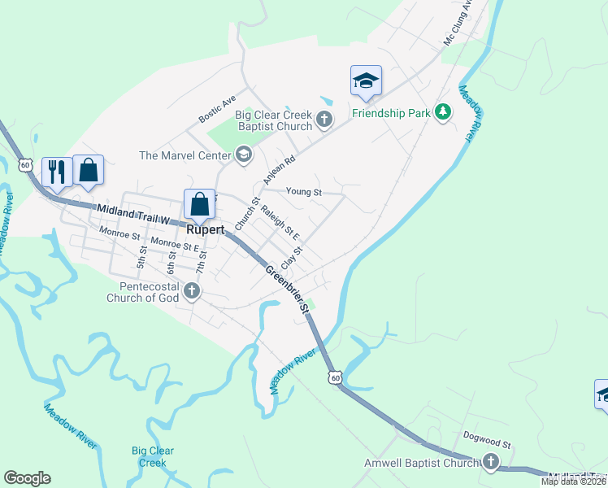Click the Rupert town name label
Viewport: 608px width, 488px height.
coord(199,230)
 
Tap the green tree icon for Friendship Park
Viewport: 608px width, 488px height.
coord(443,112)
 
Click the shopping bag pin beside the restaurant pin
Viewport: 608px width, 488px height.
coord(88,170)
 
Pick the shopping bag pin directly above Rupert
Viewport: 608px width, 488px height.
coord(200,204)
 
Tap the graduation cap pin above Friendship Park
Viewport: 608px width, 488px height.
coord(366,81)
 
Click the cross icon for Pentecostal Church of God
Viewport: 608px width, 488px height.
coord(192,291)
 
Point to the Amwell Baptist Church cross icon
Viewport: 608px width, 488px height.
coord(490,463)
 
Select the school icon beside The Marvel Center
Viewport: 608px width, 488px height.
coord(243,155)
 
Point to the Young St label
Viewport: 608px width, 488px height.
coord(304,193)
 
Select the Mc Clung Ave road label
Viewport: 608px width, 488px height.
coord(457,28)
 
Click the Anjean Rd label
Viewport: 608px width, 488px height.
coord(277,166)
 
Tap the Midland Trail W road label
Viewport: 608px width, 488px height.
coord(132,215)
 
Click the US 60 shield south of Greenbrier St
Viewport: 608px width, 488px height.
coord(335,377)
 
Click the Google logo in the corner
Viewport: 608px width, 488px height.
coord(27,478)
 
